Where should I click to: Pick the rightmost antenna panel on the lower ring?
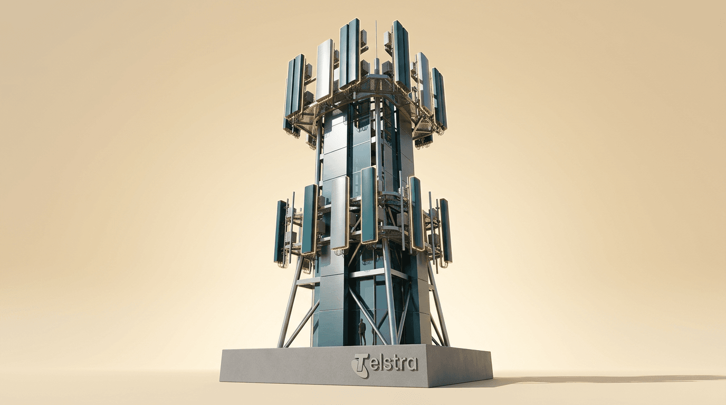[x=446, y=230]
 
